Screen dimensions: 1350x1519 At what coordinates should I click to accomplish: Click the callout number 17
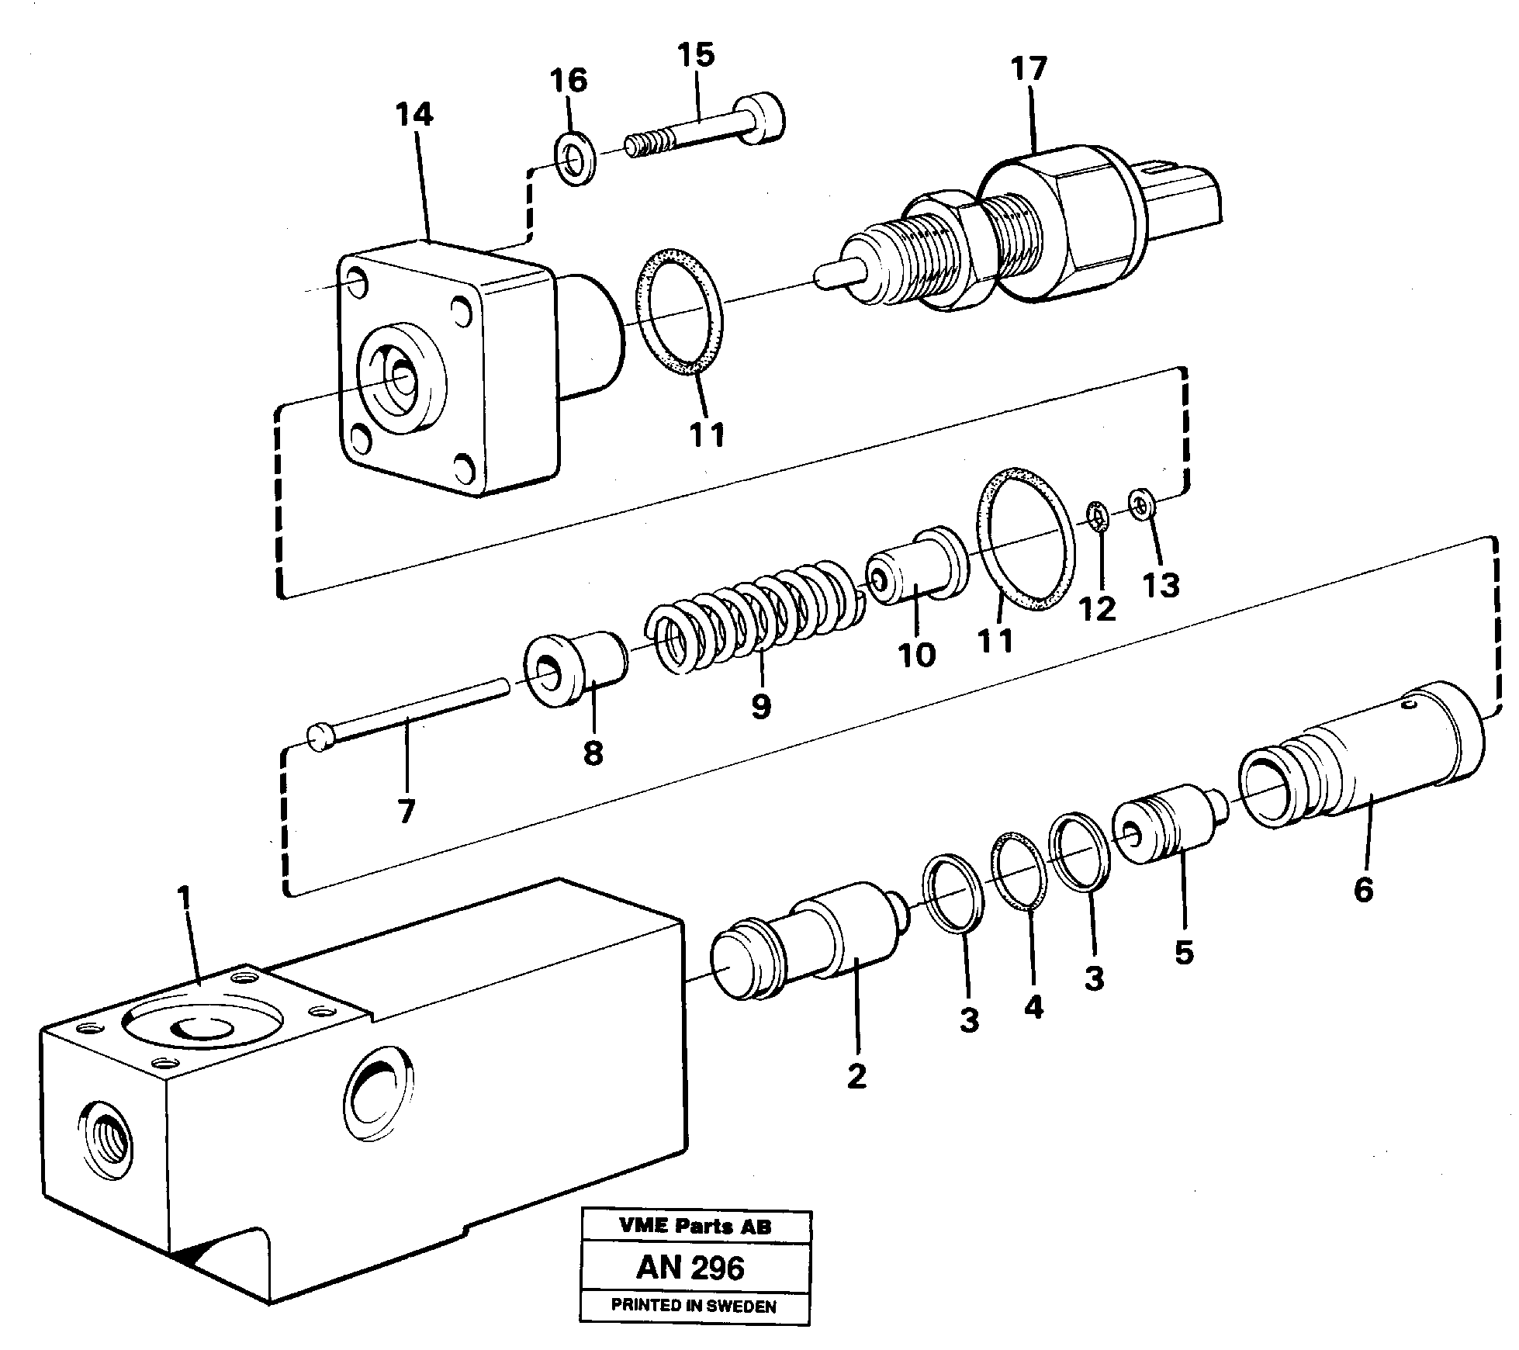[x=1029, y=68]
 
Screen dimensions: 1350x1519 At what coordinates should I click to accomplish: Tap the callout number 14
[x=413, y=115]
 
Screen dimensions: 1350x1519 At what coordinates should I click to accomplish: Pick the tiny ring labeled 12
[x=1096, y=516]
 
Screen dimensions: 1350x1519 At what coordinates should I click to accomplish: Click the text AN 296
[x=690, y=1269]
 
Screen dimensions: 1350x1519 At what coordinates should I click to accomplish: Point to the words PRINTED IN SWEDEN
[x=694, y=1306]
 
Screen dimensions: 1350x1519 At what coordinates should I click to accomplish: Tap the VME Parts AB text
[x=695, y=1227]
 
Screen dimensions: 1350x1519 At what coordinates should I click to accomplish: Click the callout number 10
[x=917, y=656]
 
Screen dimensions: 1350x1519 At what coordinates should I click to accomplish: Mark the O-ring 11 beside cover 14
[x=680, y=311]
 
